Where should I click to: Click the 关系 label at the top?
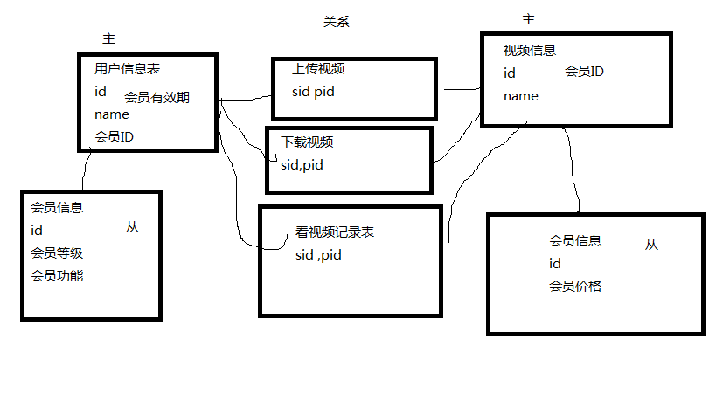pyautogui.click(x=337, y=23)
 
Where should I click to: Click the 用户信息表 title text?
pyautogui.click(x=127, y=68)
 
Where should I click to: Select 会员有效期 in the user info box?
pyautogui.click(x=156, y=97)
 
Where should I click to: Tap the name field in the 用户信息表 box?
pyautogui.click(x=111, y=114)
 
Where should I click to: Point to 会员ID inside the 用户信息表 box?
pyautogui.click(x=114, y=136)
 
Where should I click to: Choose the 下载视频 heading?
pyautogui.click(x=307, y=142)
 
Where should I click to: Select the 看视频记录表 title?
pyautogui.click(x=335, y=232)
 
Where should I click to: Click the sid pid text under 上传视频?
pyautogui.click(x=313, y=91)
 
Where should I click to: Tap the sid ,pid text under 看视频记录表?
pyautogui.click(x=318, y=254)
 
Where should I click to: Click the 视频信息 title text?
pyautogui.click(x=530, y=51)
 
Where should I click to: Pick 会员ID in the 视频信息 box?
pyautogui.click(x=584, y=72)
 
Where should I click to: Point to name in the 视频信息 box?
pyautogui.click(x=520, y=95)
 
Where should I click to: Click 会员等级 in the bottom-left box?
pyautogui.click(x=57, y=253)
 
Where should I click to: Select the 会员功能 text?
pyautogui.click(x=57, y=275)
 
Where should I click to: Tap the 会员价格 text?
pyautogui.click(x=575, y=286)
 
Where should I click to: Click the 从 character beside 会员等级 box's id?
pyautogui.click(x=132, y=227)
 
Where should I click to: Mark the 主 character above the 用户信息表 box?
pyautogui.click(x=109, y=39)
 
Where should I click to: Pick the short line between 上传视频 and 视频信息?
pyautogui.click(x=462, y=89)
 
